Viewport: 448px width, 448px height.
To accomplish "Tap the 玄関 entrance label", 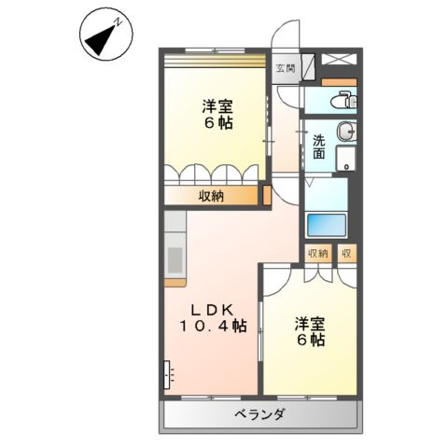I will pyautogui.click(x=286, y=67).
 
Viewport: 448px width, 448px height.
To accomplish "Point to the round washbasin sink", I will pyautogui.click(x=345, y=132).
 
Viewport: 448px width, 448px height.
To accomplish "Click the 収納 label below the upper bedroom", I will pyautogui.click(x=211, y=196).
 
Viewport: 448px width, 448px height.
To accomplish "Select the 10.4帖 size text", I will pyautogui.click(x=214, y=326).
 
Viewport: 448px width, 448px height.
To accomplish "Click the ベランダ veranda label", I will pyautogui.click(x=259, y=413).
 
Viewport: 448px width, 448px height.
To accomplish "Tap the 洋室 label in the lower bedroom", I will pyautogui.click(x=310, y=324).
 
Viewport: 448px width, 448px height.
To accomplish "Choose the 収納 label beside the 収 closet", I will pyautogui.click(x=316, y=253).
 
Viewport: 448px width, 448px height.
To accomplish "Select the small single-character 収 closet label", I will pyautogui.click(x=345, y=253).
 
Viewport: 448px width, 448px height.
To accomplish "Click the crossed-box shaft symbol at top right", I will pyautogui.click(x=338, y=59).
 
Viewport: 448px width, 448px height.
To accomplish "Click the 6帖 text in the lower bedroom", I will pyautogui.click(x=311, y=341).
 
